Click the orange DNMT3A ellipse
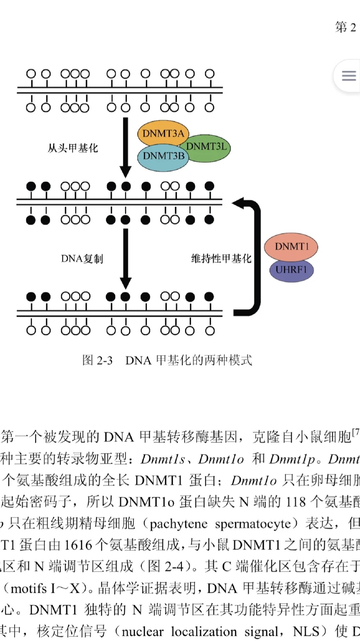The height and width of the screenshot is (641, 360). coord(163,133)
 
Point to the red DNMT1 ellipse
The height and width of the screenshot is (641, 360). coord(291,247)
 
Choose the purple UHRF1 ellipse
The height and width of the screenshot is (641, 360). coord(291,270)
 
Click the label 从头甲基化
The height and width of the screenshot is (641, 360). coord(73,148)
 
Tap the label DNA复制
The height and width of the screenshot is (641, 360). coord(82,259)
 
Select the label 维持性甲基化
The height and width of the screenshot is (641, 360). coord(221,259)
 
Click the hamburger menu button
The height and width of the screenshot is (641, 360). coord(349,76)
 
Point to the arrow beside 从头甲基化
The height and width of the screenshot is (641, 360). coord(126,147)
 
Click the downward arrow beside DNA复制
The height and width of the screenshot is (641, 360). coord(126,258)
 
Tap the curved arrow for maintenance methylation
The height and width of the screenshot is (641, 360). coord(255,257)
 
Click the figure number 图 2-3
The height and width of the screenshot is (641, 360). coord(97,360)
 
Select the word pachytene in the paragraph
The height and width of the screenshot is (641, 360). coord(178,524)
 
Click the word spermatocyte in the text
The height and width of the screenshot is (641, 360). coord(253,524)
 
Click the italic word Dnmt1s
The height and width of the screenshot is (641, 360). coord(163,459)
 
